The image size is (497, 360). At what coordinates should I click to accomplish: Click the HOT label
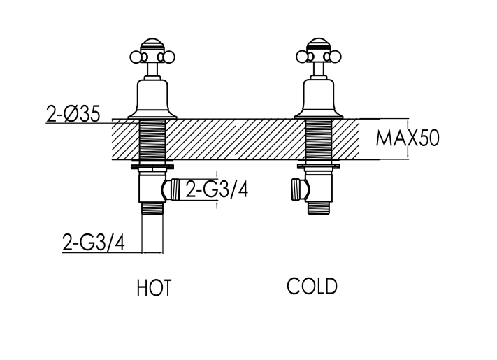point(154,287)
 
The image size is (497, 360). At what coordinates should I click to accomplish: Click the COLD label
point(312,286)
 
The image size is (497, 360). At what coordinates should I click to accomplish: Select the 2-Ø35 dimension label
point(73,114)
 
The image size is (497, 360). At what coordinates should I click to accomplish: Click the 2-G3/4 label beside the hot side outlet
point(217,189)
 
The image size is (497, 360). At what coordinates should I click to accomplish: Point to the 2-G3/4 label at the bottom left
point(94,243)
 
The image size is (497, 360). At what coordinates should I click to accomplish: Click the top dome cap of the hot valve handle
point(152,45)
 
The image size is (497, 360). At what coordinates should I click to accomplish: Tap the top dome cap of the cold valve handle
point(319,45)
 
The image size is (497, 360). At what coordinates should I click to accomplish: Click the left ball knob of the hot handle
point(136,57)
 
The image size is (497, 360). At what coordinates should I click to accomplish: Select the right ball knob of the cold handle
point(336,57)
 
